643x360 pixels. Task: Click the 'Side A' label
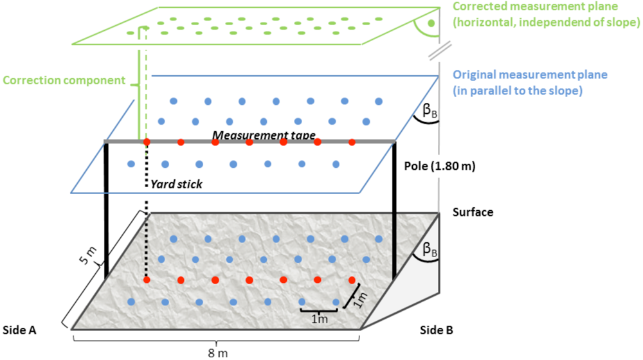(19, 330)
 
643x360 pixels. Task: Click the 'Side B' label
(437, 330)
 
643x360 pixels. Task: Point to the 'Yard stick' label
(177, 184)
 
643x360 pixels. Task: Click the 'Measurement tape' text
(264, 135)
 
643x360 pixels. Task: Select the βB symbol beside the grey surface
(430, 250)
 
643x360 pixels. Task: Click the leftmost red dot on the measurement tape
(147, 141)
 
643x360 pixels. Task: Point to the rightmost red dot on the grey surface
(352, 280)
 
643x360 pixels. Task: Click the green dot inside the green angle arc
(431, 23)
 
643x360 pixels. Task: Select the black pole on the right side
(393, 212)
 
